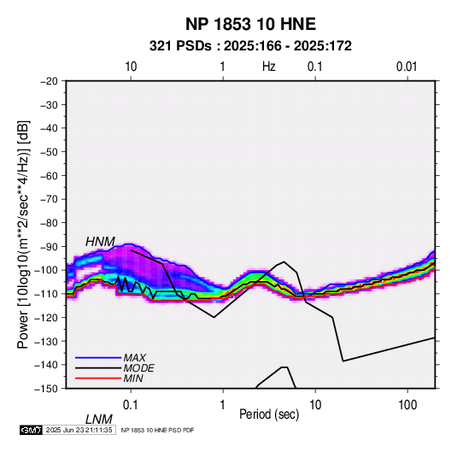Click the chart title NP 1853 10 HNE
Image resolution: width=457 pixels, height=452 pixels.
[x=250, y=24]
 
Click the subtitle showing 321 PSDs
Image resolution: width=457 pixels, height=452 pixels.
[x=250, y=46]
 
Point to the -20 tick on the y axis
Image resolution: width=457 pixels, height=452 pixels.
[x=49, y=81]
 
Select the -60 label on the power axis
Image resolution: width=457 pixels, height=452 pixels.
[x=49, y=175]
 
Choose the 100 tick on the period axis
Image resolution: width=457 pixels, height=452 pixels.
[x=407, y=405]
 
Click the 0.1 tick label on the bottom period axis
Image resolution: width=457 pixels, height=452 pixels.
[x=131, y=405]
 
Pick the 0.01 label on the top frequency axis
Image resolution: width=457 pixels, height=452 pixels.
[x=407, y=67]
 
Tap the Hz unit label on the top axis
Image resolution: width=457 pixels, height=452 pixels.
[x=269, y=67]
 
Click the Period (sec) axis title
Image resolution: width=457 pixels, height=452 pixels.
[x=269, y=414]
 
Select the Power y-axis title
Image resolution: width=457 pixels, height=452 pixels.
[x=23, y=234]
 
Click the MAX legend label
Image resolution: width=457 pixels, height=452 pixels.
[x=135, y=358]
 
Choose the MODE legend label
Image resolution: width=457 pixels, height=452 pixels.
[x=138, y=368]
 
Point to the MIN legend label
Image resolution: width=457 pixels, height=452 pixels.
[x=133, y=379]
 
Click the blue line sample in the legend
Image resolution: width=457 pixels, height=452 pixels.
[x=98, y=358]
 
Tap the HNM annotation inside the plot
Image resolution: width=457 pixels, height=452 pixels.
[x=100, y=242]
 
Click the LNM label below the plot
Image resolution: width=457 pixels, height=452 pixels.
[x=98, y=420]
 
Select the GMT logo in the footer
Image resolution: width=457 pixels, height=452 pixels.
[x=32, y=430]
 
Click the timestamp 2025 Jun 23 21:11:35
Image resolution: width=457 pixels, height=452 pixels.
[x=79, y=430]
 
